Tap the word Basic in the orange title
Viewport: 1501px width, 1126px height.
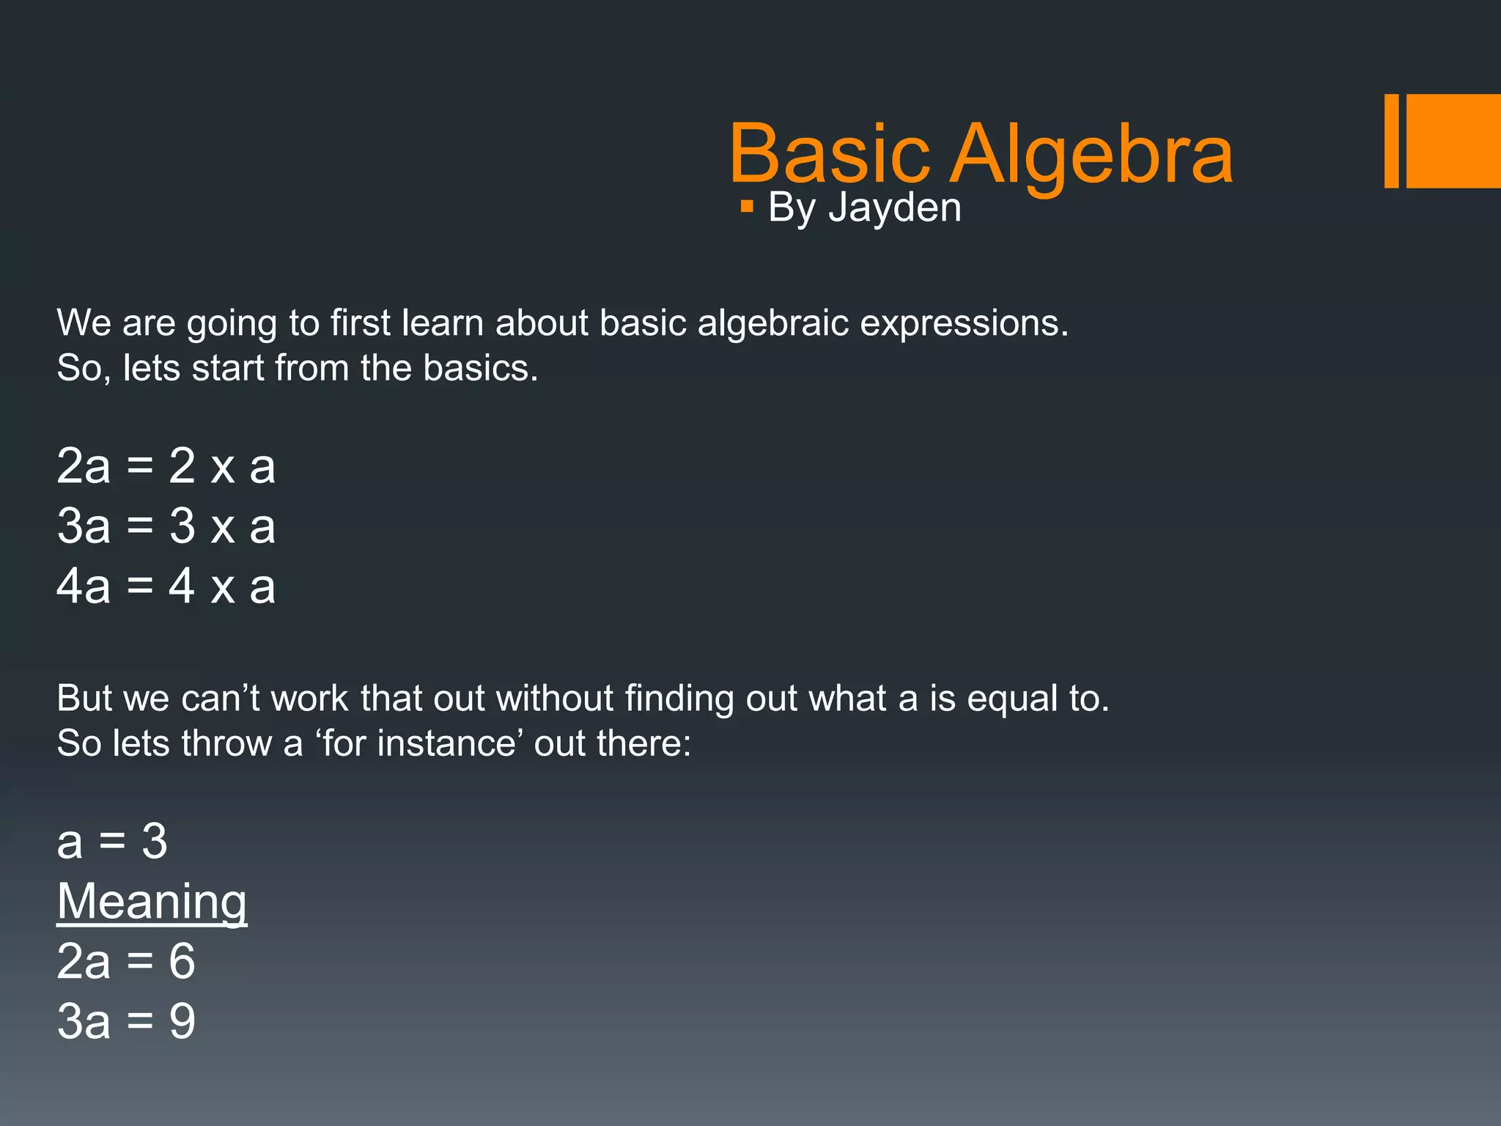830,154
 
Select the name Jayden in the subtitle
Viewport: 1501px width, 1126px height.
895,207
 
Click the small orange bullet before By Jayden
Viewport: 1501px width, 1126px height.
747,207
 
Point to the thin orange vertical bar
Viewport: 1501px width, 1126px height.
1391,141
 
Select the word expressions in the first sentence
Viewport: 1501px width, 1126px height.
964,323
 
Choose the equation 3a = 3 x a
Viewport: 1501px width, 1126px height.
166,526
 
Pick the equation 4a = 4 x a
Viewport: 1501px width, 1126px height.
166,586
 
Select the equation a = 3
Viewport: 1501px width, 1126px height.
112,841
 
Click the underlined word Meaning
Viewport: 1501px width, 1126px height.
152,901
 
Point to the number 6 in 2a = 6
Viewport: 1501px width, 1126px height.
182,961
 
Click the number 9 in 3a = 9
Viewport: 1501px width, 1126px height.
182,1021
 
